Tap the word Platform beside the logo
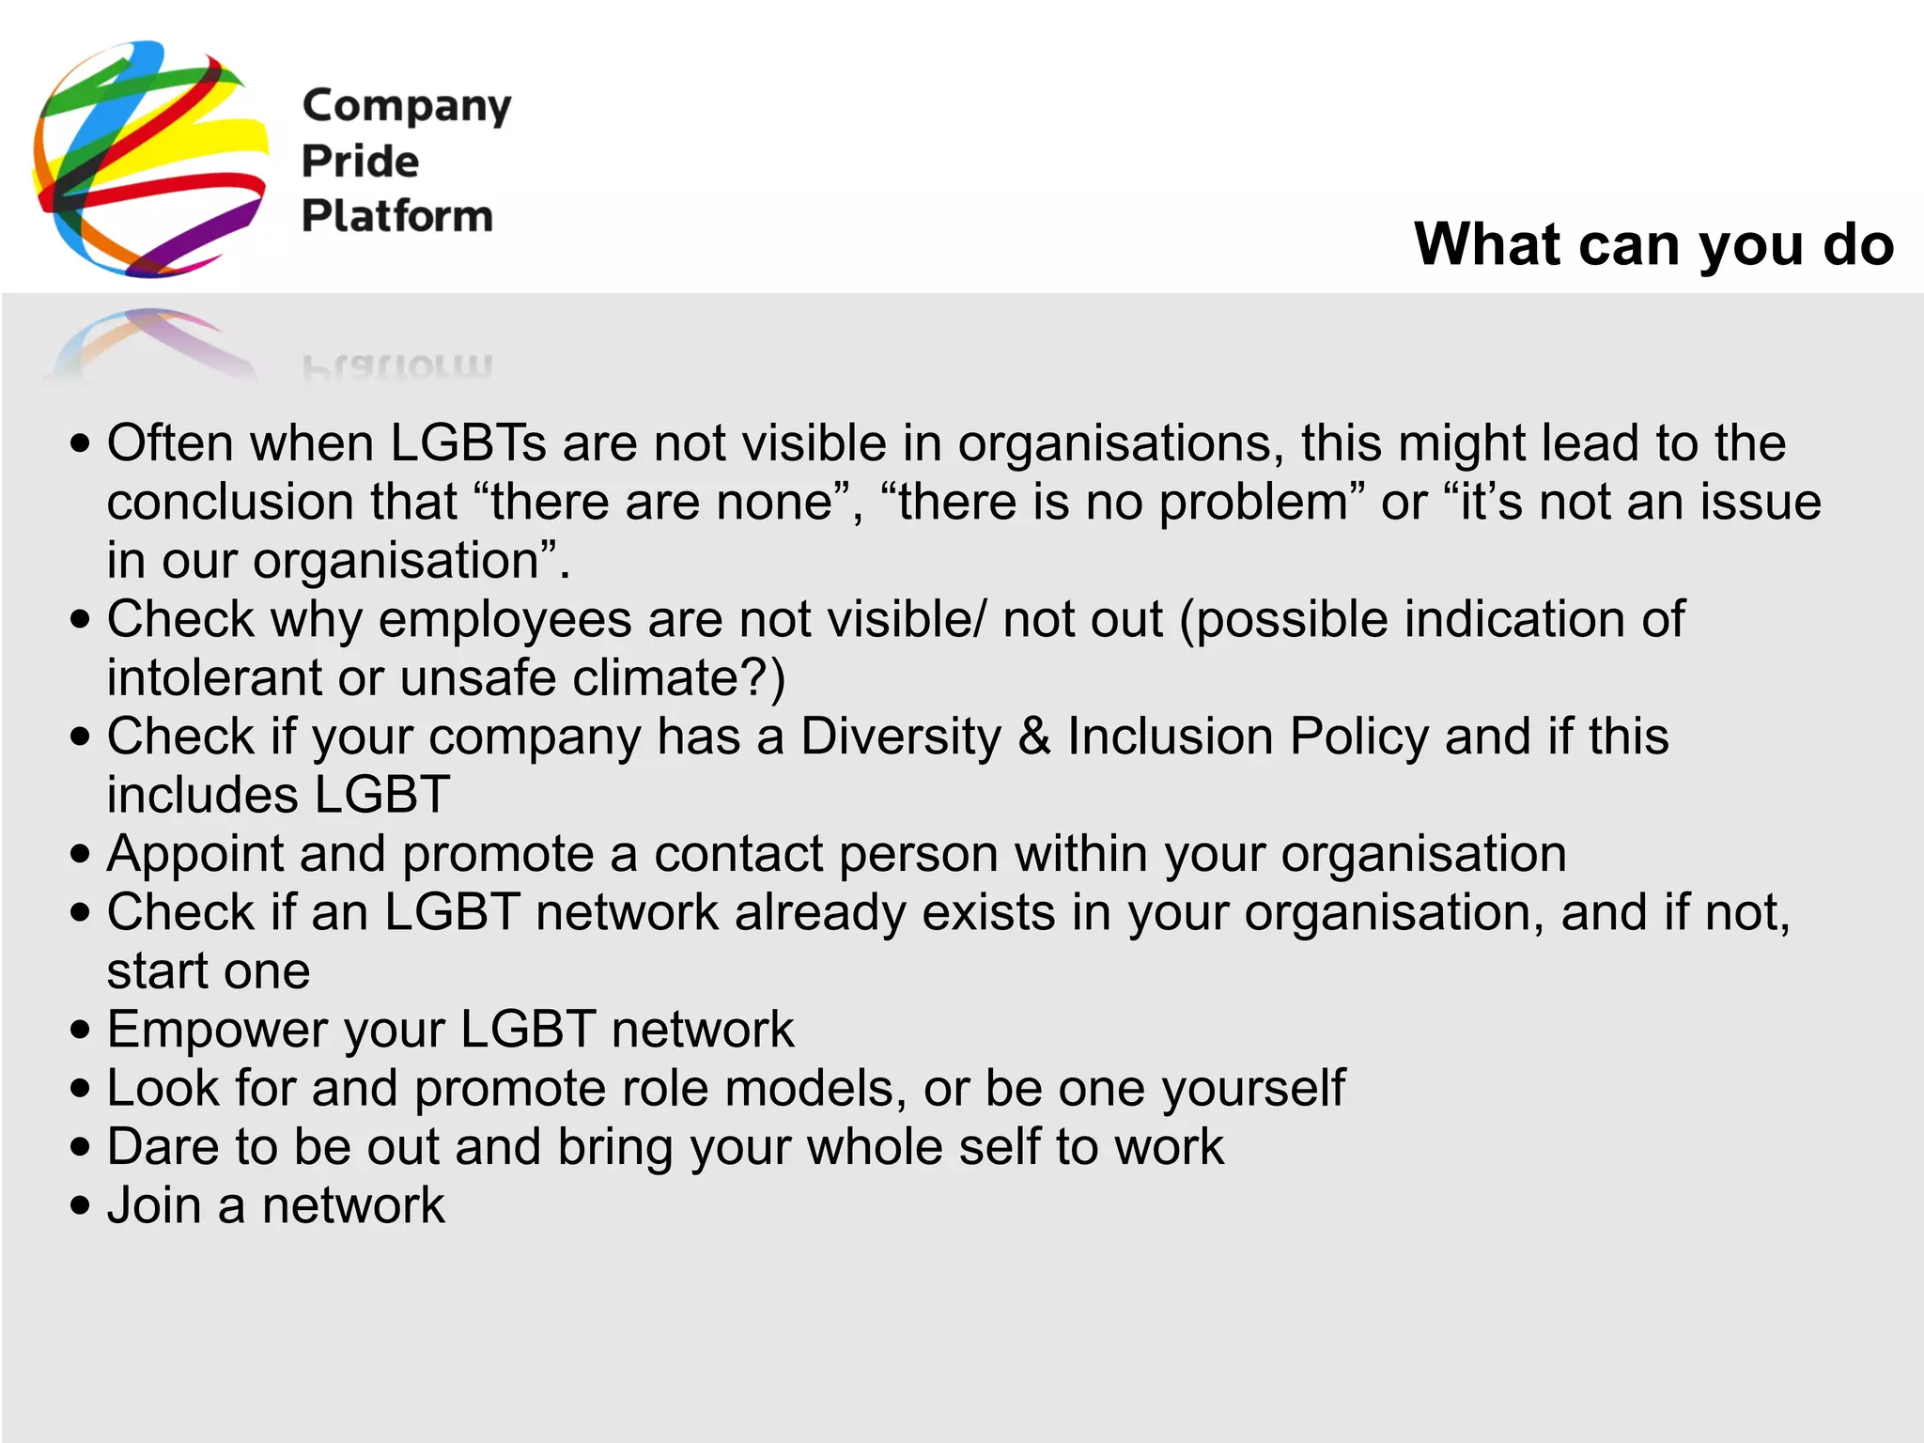coord(396,216)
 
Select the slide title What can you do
coord(1653,244)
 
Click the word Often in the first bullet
coord(170,442)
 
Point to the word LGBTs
coord(468,442)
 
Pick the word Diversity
coord(901,737)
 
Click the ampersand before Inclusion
coord(1034,737)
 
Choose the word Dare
coord(163,1147)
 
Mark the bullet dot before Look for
coord(81,1089)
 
